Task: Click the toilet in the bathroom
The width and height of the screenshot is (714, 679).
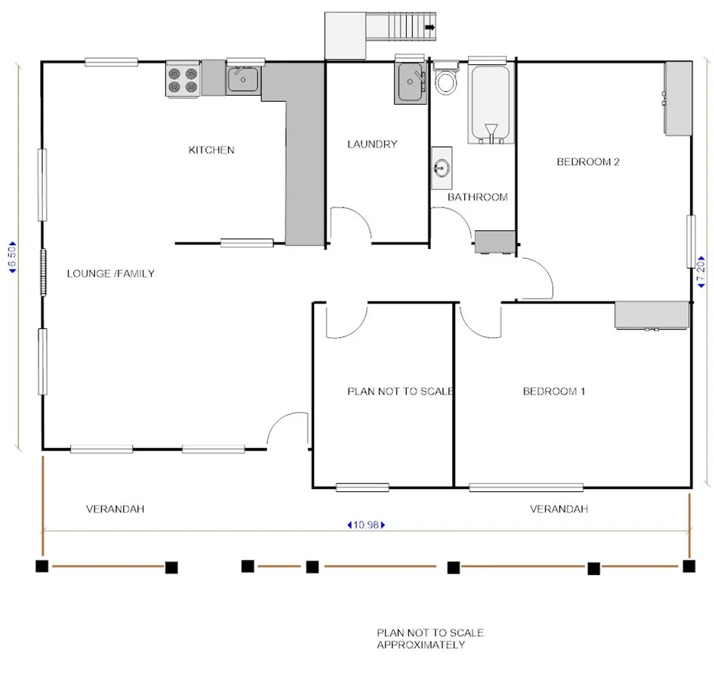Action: (x=446, y=80)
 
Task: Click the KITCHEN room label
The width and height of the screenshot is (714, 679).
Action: (x=211, y=150)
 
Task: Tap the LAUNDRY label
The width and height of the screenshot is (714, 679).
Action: (x=372, y=144)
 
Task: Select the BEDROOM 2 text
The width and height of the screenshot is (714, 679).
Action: (x=588, y=161)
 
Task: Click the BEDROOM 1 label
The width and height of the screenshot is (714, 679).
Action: (x=554, y=391)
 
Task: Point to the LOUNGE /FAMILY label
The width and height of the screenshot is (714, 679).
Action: (x=110, y=273)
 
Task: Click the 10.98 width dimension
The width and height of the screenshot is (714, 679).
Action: (x=365, y=525)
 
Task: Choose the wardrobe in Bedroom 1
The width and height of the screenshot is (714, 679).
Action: (x=651, y=315)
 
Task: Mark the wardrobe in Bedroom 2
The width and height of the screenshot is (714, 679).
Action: (x=677, y=98)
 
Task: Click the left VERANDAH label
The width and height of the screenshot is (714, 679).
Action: (x=115, y=509)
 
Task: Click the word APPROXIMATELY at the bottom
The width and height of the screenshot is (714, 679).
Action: (x=420, y=645)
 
